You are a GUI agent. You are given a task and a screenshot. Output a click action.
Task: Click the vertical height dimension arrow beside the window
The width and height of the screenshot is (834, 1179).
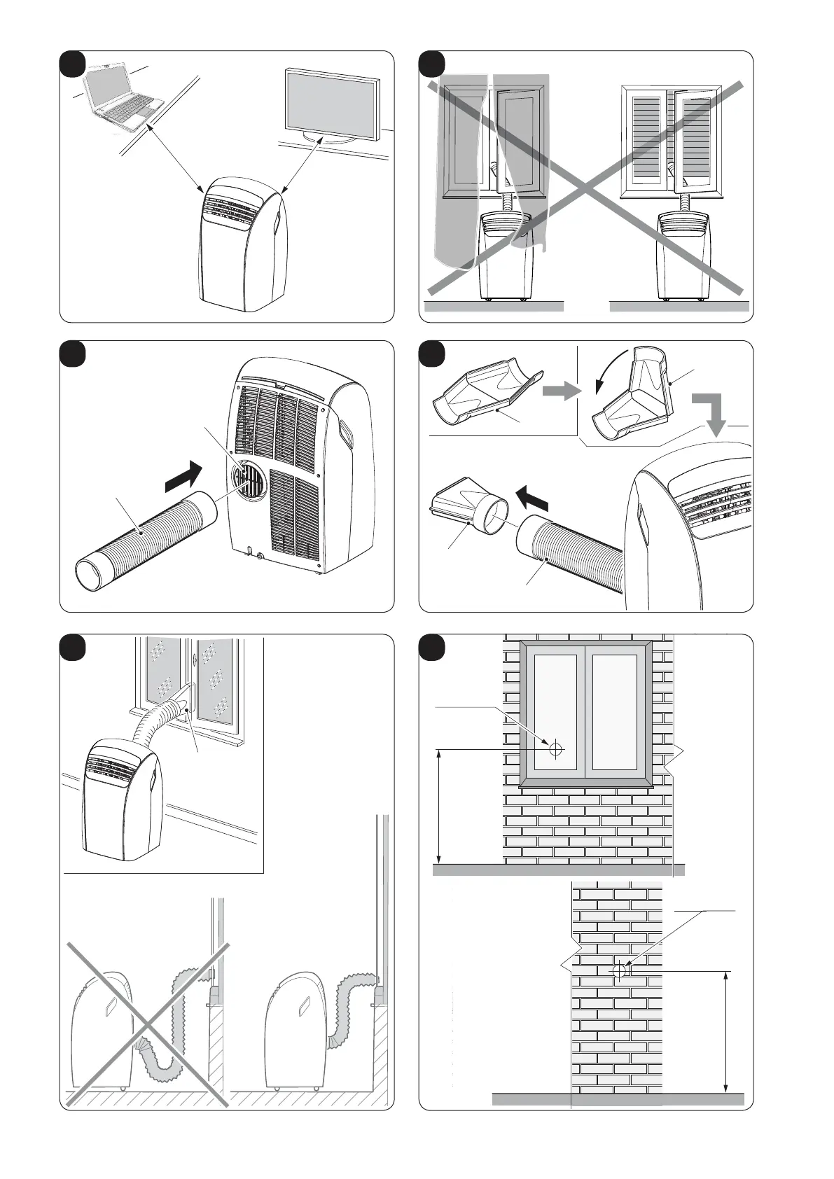(x=439, y=806)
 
